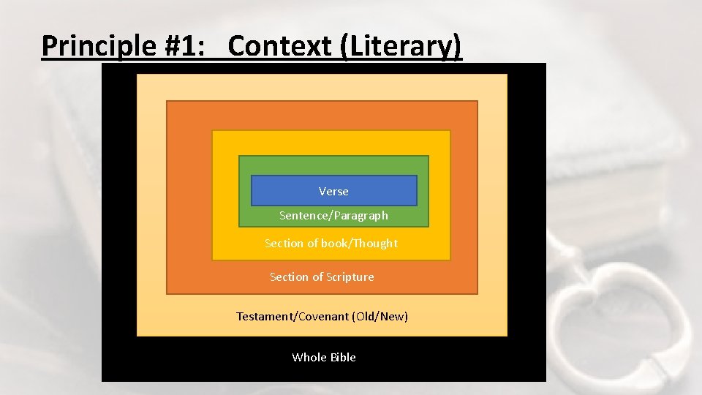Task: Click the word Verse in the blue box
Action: click(333, 192)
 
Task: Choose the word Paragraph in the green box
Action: click(361, 216)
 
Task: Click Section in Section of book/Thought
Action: click(281, 243)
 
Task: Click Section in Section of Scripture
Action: click(286, 277)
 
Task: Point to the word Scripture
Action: click(350, 277)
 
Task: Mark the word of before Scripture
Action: click(317, 277)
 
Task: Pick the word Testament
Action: click(263, 317)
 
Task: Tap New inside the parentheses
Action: click(393, 317)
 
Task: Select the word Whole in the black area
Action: click(308, 358)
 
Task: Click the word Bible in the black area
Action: click(342, 358)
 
